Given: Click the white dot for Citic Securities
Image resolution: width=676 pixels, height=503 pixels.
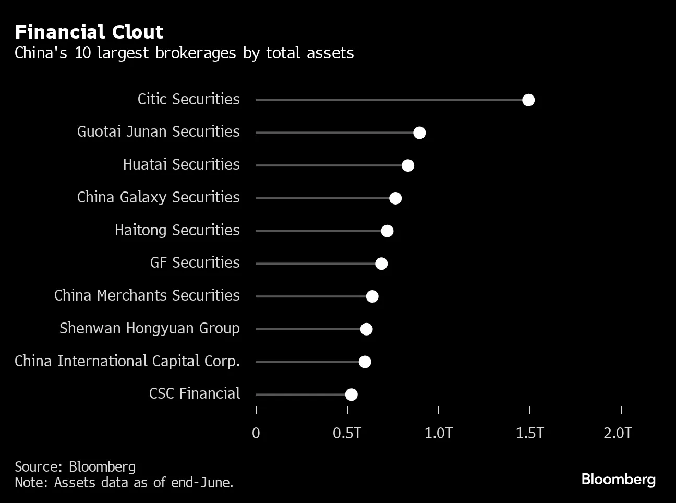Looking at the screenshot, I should point(528,100).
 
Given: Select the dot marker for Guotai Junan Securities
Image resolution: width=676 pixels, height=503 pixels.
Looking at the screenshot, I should point(419,133).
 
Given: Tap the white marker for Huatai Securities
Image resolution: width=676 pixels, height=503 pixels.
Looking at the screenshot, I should point(408,165).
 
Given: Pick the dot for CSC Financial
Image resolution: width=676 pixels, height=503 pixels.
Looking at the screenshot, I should point(352,394).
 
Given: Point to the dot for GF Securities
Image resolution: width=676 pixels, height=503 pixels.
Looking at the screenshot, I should point(381,264).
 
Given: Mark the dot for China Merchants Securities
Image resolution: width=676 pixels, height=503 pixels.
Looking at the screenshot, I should point(372,296).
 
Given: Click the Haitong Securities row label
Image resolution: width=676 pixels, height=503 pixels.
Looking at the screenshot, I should point(177,230).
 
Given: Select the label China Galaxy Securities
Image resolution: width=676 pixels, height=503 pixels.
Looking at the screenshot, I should point(158,197).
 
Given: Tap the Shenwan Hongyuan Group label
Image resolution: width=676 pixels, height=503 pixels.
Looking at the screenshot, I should point(149,328).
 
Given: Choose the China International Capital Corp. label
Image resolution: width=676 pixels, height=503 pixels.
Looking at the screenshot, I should point(127,361).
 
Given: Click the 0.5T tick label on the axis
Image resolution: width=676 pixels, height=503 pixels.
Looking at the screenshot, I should point(347,433).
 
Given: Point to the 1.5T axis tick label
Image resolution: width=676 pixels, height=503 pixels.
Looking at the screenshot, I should point(529,433).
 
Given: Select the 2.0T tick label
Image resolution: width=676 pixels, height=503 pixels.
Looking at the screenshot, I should point(618,433).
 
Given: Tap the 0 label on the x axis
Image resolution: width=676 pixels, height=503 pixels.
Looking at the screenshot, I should point(256,433).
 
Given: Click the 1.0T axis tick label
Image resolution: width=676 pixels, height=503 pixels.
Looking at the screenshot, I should point(438,433).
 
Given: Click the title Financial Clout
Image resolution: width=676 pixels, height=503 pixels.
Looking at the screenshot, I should point(89,32).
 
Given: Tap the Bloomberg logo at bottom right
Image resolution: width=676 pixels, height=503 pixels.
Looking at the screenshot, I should point(618,479).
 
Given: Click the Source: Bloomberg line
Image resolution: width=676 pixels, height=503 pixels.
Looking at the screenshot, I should point(75,466).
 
